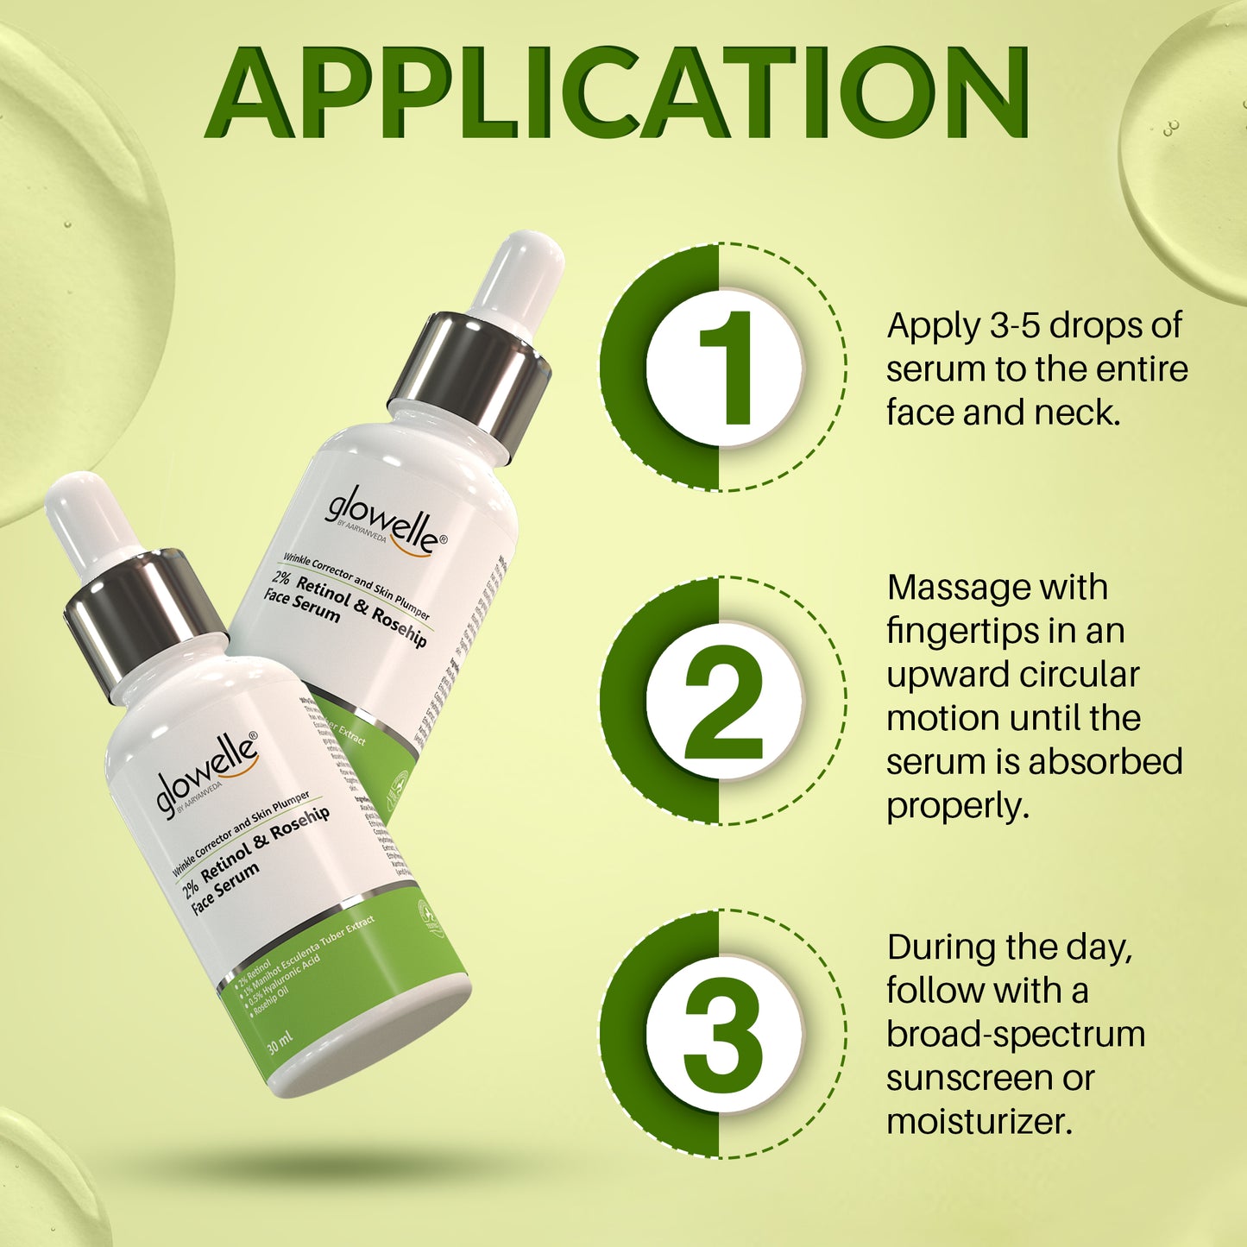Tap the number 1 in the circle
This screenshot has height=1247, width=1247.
point(725,368)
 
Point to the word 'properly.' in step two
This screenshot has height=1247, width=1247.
point(958,807)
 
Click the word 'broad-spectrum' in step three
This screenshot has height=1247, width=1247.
point(1016,1035)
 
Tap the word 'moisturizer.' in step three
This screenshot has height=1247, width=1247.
point(979,1122)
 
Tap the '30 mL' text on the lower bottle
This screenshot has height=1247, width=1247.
point(280,1042)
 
